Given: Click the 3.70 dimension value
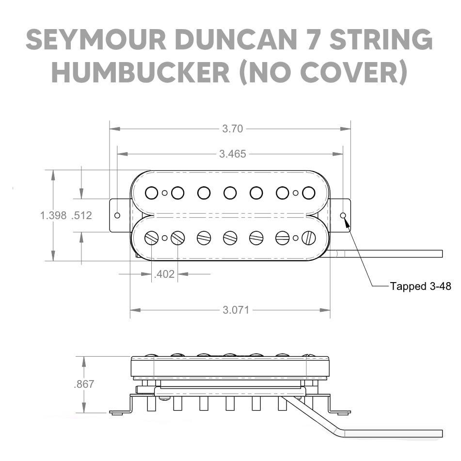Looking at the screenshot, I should (232, 129).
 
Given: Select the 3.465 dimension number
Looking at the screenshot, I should (232, 154).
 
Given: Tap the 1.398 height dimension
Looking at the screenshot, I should (53, 216).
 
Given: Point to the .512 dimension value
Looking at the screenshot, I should (81, 216).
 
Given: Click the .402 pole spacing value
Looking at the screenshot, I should (164, 274).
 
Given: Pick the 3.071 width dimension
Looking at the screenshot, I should (236, 310).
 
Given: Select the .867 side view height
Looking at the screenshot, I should (84, 384).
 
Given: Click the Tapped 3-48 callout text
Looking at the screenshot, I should (420, 286).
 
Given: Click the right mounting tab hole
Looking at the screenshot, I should (343, 215).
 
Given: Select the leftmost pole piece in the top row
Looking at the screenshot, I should (152, 193).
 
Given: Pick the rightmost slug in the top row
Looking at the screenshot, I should (309, 193).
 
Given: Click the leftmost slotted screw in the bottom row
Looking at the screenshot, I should (152, 238).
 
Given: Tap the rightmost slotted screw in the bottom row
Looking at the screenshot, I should (309, 238).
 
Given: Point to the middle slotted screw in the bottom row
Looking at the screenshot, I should (230, 238).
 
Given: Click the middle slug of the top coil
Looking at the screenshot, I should (230, 193).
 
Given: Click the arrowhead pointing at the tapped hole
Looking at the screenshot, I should (347, 222).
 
